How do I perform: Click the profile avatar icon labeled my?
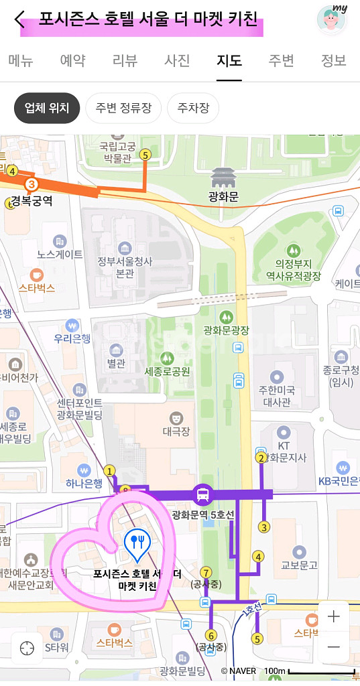(x=331, y=19)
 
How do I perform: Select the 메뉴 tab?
(x=21, y=60)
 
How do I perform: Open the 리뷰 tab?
(x=125, y=60)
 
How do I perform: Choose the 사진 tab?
(x=178, y=60)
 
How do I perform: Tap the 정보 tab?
(x=333, y=60)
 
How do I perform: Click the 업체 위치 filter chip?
(x=47, y=108)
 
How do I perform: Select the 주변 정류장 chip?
(x=123, y=108)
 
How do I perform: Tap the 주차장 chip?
(x=193, y=108)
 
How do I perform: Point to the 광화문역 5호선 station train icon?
(x=201, y=496)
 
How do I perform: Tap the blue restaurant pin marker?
(x=137, y=545)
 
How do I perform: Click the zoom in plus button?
(x=333, y=616)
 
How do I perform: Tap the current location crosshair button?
(x=27, y=648)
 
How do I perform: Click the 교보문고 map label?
(x=299, y=565)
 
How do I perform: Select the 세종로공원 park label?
(x=167, y=371)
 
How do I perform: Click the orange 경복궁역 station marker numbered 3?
(x=31, y=184)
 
